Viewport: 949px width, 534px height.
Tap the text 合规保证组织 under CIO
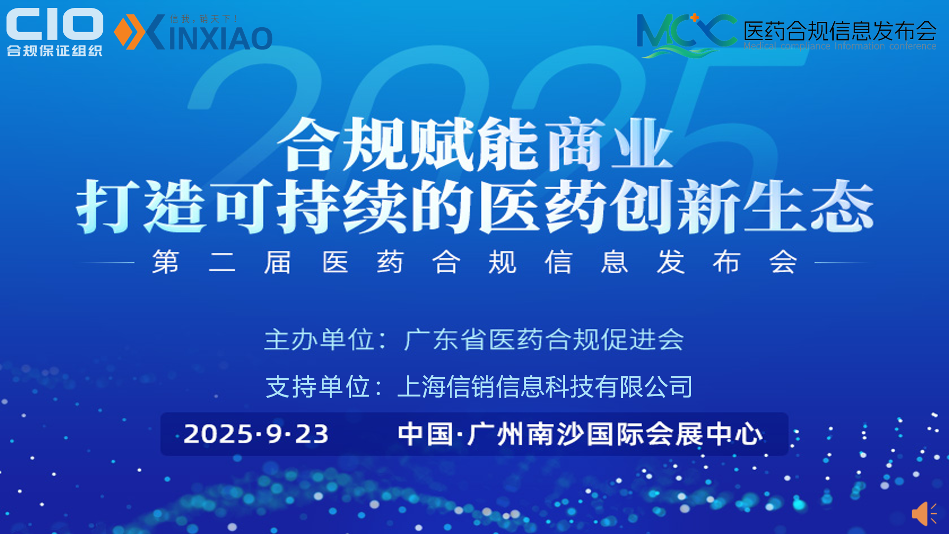tap(54, 50)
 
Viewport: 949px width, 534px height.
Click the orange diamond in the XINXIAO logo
tap(123, 32)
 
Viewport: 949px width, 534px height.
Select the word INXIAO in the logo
tap(220, 38)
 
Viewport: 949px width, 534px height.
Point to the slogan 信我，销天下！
tap(204, 19)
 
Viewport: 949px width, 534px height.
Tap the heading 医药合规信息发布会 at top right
tap(840, 31)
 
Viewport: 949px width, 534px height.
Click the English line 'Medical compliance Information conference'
tap(840, 46)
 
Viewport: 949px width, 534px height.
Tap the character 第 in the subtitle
tap(166, 262)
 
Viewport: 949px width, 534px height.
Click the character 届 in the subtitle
tap(277, 262)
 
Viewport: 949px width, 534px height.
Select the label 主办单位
tap(319, 340)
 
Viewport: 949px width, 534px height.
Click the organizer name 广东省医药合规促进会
tap(544, 340)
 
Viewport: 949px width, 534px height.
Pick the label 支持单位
tap(318, 386)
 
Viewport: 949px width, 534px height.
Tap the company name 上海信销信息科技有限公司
tap(545, 386)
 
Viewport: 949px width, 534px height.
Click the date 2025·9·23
tap(256, 434)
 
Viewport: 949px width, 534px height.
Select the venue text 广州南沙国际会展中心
tap(614, 434)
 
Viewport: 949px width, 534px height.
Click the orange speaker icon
tap(923, 514)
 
